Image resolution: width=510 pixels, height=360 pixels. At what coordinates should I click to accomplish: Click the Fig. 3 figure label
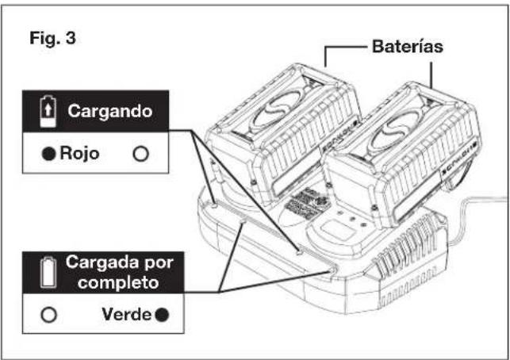(52, 38)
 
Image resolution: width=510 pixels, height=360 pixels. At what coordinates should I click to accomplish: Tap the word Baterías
(408, 46)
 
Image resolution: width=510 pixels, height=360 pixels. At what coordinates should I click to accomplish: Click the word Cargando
(110, 111)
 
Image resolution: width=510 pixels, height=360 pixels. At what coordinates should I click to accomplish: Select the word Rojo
(79, 153)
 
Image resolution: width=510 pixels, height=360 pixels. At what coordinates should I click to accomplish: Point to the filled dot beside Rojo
(49, 154)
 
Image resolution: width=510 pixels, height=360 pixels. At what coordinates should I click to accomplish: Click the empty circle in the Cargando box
(141, 154)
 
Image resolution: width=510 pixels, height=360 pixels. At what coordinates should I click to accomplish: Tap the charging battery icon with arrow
(48, 111)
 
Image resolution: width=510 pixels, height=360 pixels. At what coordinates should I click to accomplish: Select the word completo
(118, 282)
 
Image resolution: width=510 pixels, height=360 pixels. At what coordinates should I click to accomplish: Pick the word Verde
(126, 314)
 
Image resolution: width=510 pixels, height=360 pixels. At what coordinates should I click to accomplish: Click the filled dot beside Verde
(162, 315)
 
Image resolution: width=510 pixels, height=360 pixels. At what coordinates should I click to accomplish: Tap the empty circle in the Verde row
(49, 315)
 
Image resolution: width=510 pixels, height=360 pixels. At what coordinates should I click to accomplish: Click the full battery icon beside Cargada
(48, 272)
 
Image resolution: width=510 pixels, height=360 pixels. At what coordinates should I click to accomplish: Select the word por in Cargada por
(159, 263)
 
